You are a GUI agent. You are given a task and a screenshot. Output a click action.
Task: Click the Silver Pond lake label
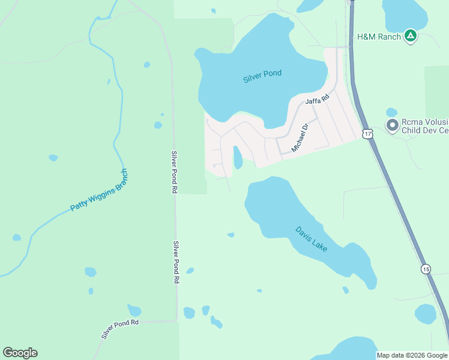click(262, 77)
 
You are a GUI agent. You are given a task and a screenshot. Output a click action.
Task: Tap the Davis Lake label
click(311, 238)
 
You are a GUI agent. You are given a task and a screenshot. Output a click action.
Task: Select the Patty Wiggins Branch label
click(99, 190)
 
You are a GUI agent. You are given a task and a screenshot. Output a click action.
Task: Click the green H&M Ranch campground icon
click(410, 36)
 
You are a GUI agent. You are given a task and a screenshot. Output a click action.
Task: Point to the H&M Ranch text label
click(379, 37)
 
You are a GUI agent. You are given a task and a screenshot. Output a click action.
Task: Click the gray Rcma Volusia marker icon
click(393, 125)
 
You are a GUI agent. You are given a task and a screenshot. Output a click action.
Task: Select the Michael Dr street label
click(300, 137)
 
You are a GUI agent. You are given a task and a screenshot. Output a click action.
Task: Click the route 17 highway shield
click(367, 133)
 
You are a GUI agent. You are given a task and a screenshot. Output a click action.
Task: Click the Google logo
click(20, 353)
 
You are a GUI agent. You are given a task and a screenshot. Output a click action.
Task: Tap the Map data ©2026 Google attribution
click(412, 355)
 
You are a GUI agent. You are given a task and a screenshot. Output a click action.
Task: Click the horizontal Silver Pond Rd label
click(120, 329)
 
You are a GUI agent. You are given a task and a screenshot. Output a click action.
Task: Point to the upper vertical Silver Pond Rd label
click(173, 172)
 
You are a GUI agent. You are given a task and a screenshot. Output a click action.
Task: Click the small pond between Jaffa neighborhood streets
click(237, 157)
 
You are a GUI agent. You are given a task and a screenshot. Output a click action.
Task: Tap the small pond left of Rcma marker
click(391, 112)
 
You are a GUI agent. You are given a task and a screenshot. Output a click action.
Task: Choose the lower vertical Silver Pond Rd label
click(176, 262)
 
